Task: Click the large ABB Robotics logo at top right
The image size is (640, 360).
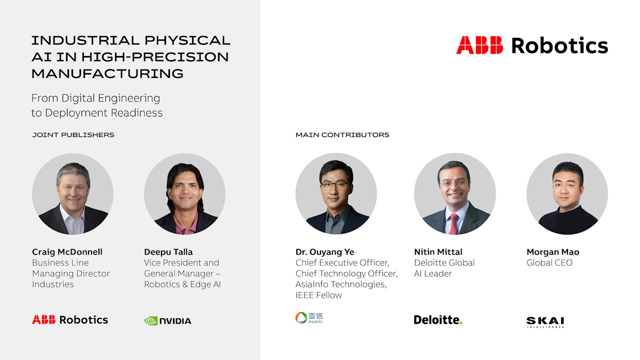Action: click(532, 45)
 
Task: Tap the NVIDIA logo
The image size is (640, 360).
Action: click(167, 321)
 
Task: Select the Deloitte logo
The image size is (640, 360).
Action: click(438, 320)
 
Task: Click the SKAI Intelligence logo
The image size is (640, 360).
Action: click(545, 322)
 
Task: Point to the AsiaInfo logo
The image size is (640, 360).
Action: click(309, 317)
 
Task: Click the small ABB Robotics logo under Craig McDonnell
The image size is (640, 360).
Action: click(70, 319)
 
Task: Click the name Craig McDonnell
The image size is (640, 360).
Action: click(67, 251)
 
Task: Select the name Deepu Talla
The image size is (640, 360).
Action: click(168, 252)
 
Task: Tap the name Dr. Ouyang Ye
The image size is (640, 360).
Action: click(325, 252)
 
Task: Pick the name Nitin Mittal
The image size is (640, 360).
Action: click(438, 251)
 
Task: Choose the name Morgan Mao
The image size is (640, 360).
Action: click(553, 252)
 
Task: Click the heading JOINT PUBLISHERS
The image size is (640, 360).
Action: click(73, 135)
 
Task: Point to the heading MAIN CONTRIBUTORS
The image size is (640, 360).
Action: click(342, 135)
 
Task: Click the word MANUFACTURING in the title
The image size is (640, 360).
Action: click(107, 73)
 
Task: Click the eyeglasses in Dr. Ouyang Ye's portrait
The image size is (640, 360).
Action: click(335, 184)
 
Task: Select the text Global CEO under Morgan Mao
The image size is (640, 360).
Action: click(549, 263)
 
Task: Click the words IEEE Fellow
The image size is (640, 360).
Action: click(319, 295)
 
